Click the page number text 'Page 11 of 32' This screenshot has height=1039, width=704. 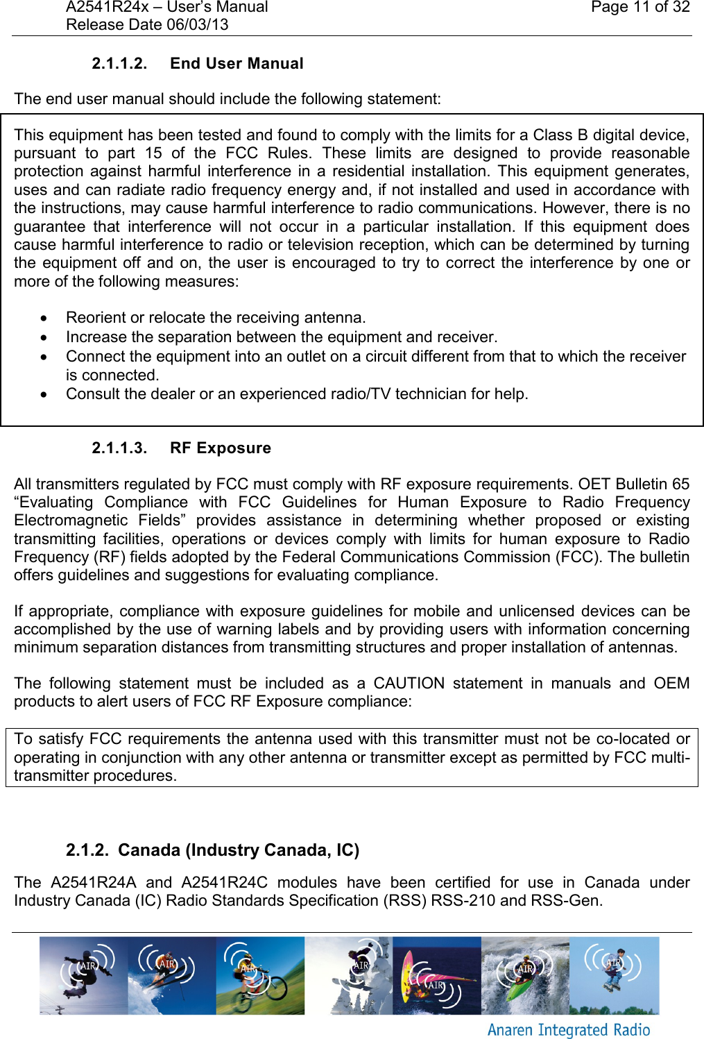[639, 8]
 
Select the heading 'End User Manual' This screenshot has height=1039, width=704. [237, 64]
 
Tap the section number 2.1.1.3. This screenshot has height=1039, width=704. [119, 448]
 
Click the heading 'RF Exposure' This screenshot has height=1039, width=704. [220, 448]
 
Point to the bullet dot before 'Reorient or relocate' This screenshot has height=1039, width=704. [44, 319]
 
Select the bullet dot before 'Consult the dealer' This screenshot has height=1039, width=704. [44, 395]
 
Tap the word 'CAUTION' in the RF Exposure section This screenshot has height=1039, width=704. [409, 684]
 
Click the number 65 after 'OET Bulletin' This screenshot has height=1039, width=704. [680, 484]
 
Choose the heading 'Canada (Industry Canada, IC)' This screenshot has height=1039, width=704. [238, 850]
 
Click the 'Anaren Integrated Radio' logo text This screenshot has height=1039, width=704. [569, 1030]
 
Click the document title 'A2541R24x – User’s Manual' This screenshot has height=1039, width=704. [166, 8]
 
